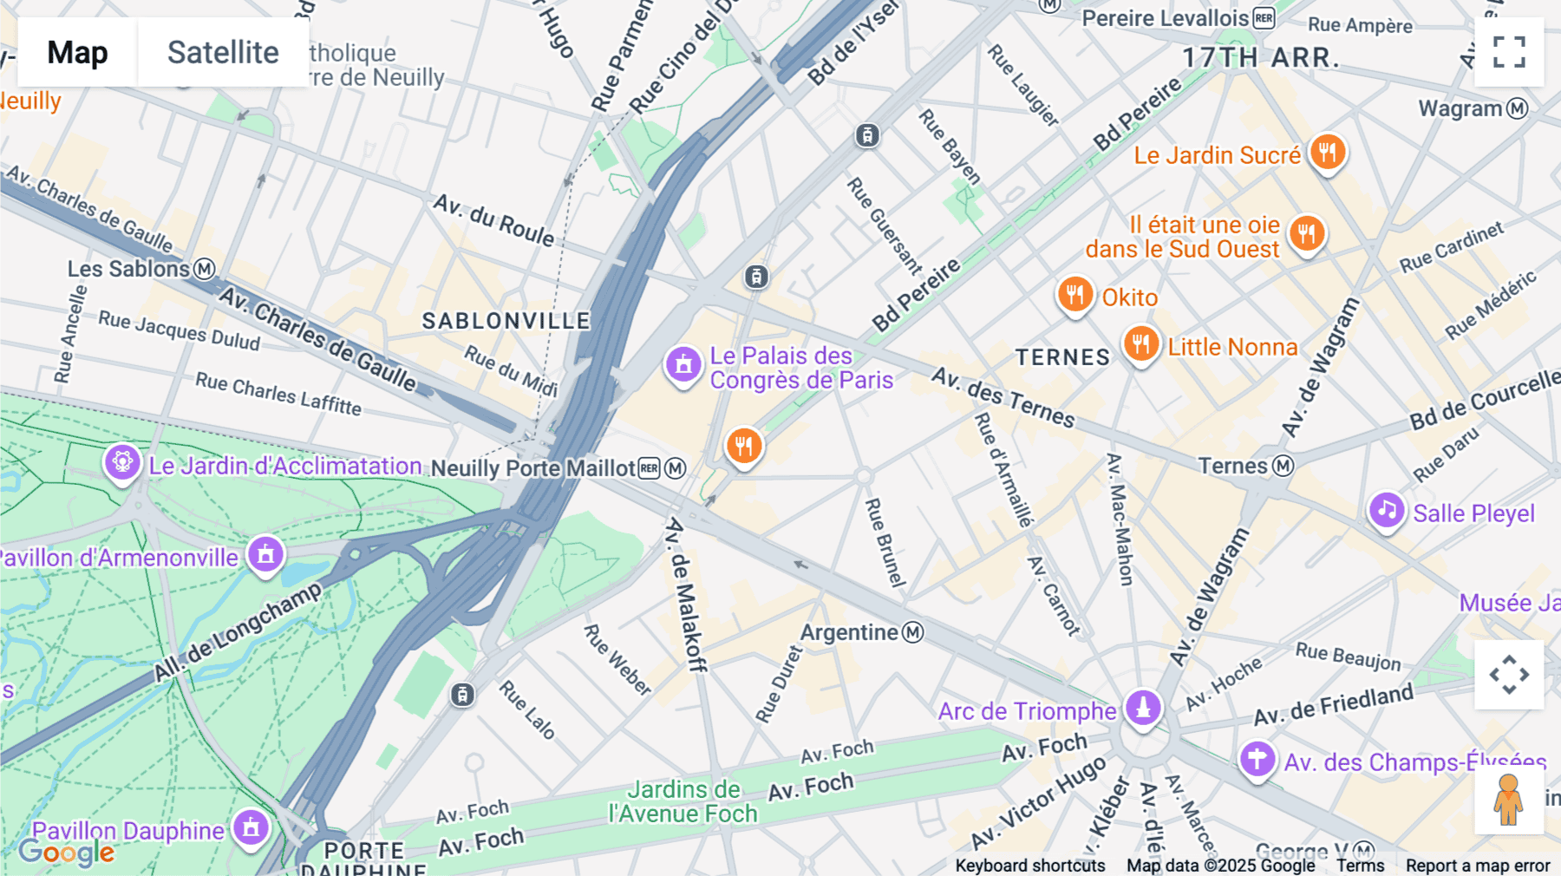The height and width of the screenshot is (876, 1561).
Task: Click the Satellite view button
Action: click(x=223, y=52)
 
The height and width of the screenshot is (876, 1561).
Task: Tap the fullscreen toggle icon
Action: click(x=1509, y=52)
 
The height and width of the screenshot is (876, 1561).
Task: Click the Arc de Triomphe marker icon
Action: click(x=1143, y=707)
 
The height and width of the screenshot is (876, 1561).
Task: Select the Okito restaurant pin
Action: click(x=1074, y=295)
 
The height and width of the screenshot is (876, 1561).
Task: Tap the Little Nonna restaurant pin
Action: click(x=1140, y=344)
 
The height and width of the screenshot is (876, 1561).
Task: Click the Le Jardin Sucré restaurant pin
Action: click(x=1327, y=153)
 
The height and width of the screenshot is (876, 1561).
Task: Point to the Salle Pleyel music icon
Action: click(x=1386, y=510)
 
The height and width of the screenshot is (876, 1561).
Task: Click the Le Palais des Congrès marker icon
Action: click(x=683, y=364)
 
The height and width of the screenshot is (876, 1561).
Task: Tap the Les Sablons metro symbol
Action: click(x=205, y=269)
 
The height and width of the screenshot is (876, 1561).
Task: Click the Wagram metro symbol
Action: click(x=1517, y=108)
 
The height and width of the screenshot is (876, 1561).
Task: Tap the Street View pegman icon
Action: click(x=1508, y=800)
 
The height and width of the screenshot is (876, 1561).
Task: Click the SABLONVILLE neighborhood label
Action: click(x=506, y=321)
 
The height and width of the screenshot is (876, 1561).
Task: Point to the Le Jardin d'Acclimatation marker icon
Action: click(x=122, y=462)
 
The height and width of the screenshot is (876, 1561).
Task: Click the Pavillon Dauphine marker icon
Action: click(x=251, y=827)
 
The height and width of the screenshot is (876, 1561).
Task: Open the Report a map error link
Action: click(x=1478, y=866)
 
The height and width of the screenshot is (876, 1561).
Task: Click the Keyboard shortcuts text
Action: click(x=1029, y=866)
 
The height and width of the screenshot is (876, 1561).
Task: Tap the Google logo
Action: click(x=66, y=853)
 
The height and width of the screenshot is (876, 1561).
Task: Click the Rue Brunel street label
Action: click(x=885, y=543)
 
